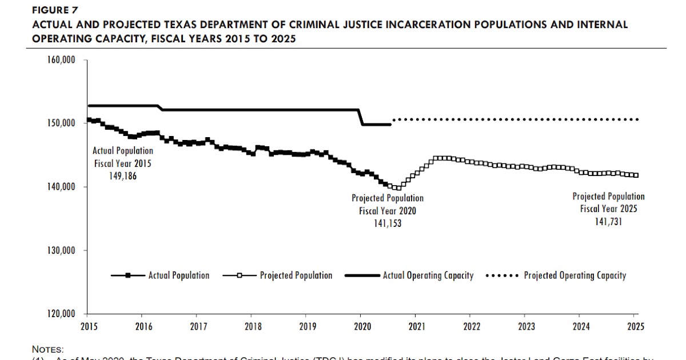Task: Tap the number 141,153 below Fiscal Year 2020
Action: (x=387, y=223)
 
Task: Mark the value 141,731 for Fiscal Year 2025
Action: (x=608, y=221)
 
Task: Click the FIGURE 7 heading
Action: (x=55, y=10)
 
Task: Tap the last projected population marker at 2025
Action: (x=636, y=175)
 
